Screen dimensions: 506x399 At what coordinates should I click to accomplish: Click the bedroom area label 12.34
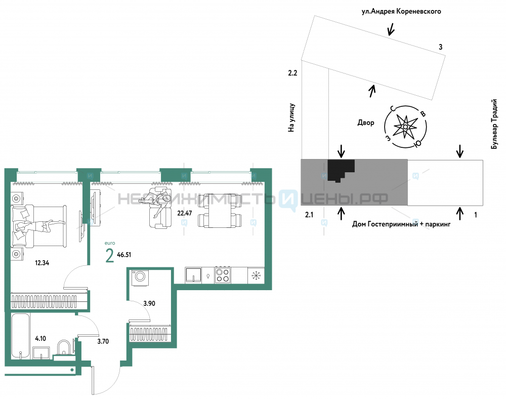42,263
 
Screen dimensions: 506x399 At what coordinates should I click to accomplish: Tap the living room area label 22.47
185,213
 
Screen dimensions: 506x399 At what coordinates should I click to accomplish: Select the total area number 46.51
124,255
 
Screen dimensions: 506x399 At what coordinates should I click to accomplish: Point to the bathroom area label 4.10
40,338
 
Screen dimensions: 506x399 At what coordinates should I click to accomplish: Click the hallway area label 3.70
103,341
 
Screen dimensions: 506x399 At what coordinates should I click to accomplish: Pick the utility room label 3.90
149,303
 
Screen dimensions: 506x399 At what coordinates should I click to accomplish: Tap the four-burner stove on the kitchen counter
223,275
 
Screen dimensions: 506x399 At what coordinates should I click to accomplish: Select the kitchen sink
193,275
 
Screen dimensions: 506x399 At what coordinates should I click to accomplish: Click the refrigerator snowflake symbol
256,275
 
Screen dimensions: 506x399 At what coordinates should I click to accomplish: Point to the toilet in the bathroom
64,348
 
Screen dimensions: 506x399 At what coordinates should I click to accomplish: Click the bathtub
21,336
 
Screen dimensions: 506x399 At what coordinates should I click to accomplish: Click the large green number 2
110,256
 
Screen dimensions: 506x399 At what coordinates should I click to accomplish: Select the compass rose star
405,127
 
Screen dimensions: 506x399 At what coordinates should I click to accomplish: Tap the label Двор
366,123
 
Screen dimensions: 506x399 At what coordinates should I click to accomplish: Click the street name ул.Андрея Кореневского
401,12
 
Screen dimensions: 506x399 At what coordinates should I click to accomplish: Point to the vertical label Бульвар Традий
494,124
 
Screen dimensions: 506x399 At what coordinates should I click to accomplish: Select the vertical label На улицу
291,117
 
